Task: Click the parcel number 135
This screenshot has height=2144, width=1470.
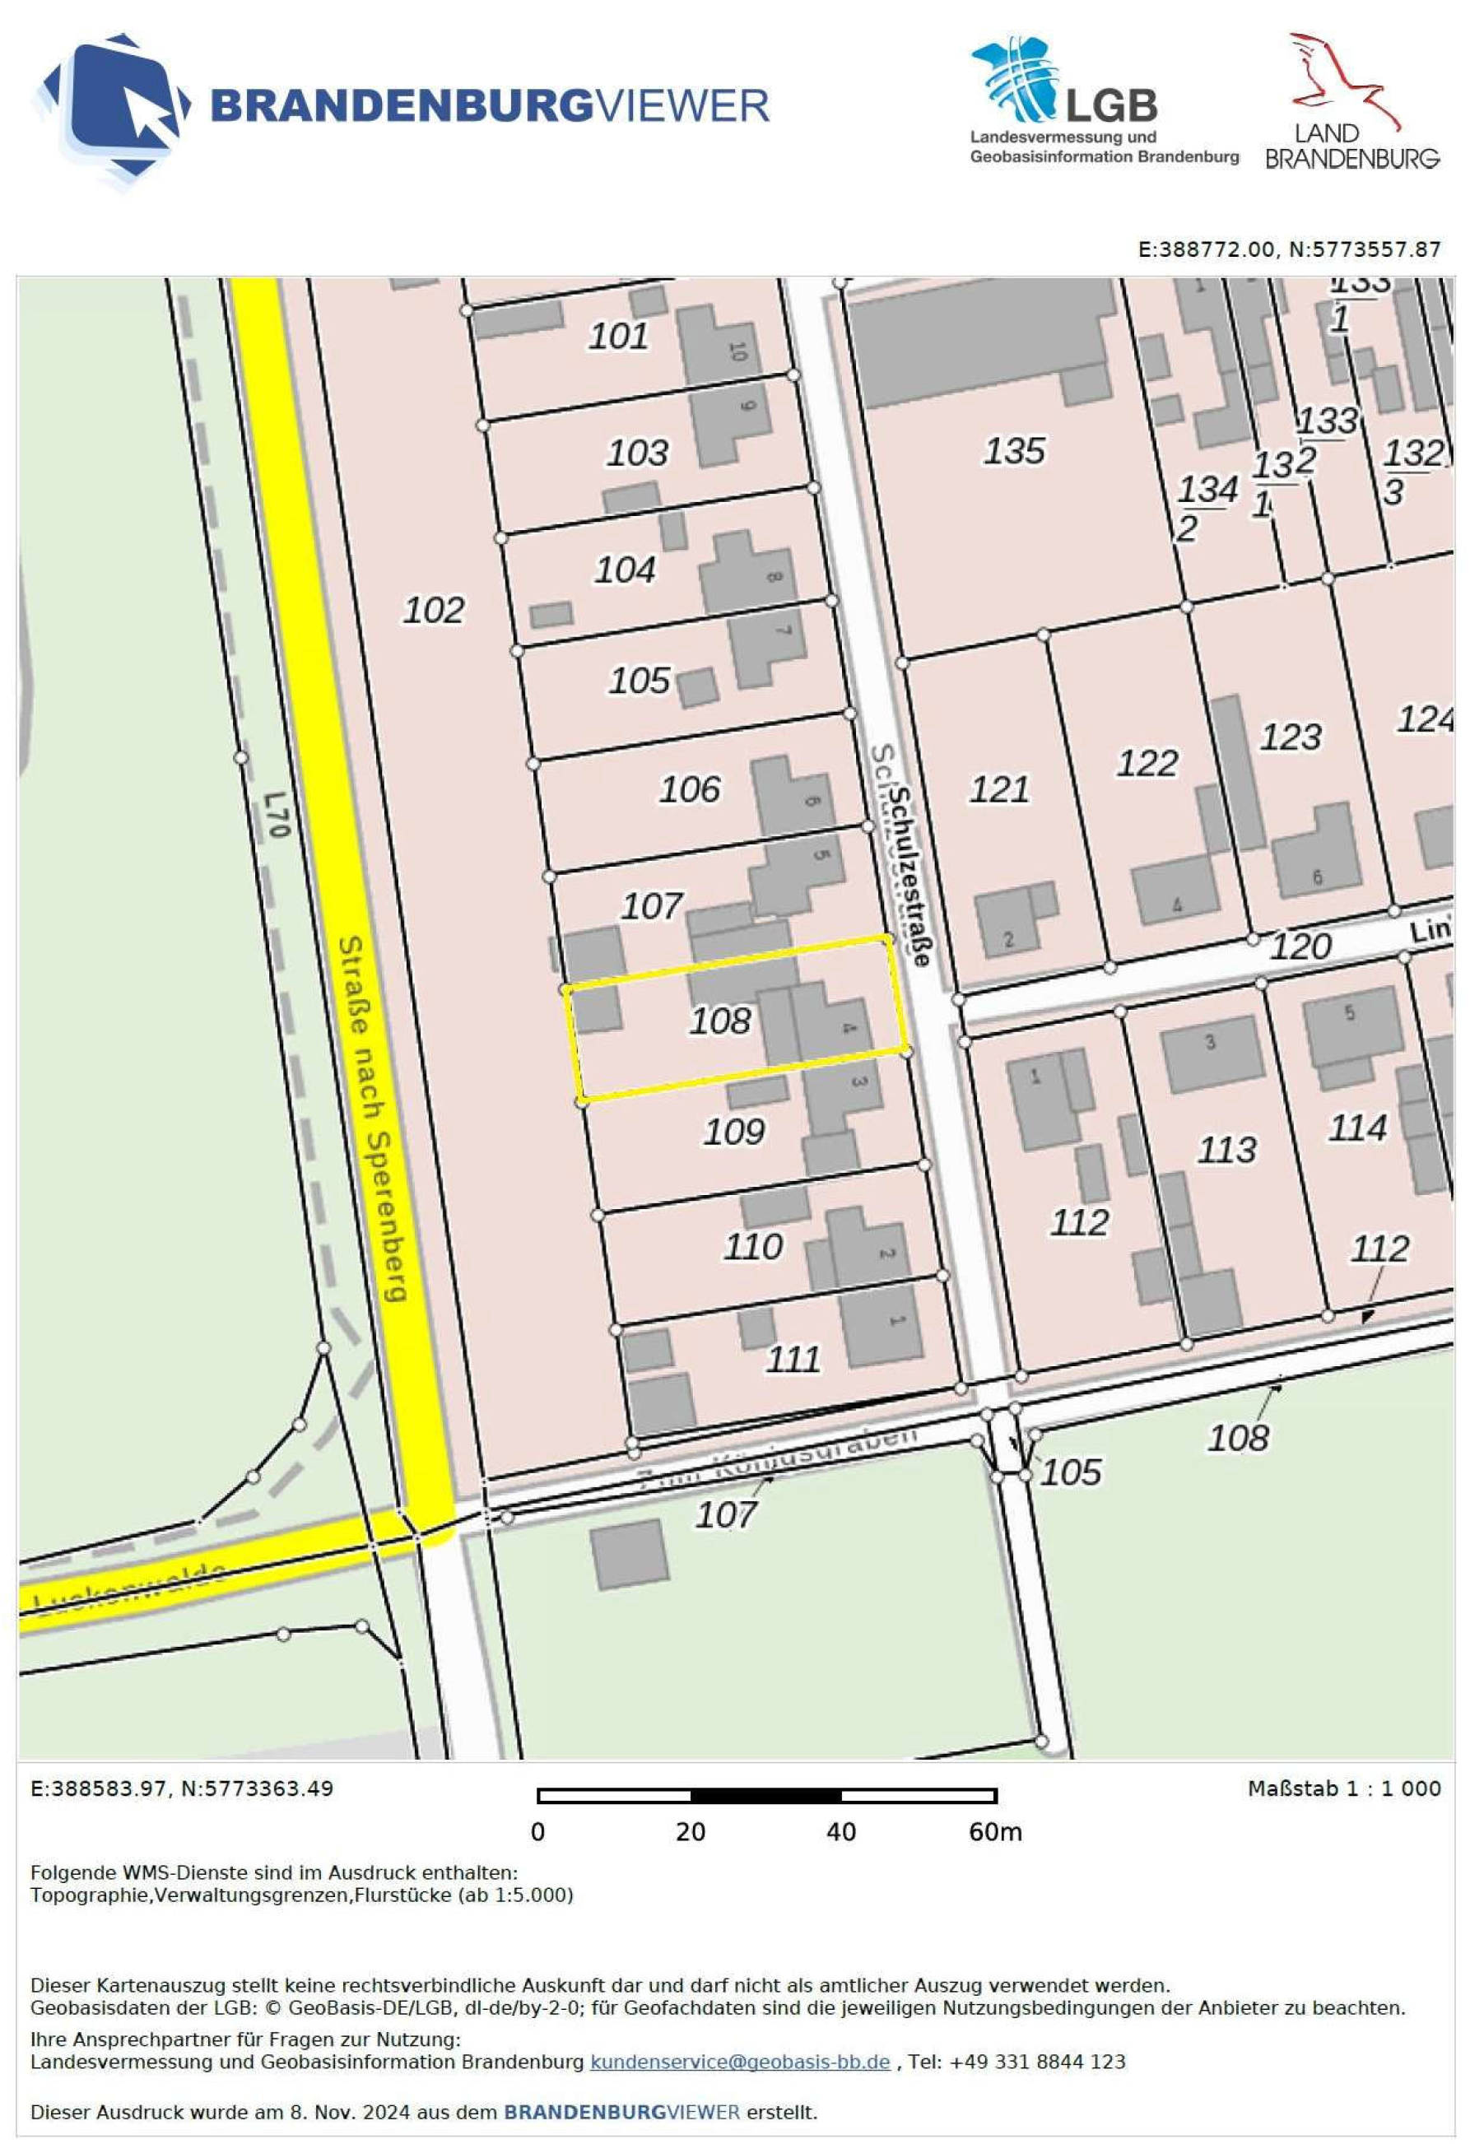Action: [1013, 451]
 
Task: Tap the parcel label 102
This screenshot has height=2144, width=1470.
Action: [434, 610]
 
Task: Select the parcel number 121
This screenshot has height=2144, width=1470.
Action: [998, 790]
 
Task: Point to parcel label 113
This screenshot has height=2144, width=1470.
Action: [1226, 1150]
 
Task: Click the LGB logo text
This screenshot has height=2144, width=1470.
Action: [1111, 106]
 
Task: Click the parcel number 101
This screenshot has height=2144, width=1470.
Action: [618, 336]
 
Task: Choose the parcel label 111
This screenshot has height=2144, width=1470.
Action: [793, 1359]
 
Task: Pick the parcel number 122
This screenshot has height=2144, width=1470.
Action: [1147, 764]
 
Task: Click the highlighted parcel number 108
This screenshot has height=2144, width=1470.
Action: [721, 1021]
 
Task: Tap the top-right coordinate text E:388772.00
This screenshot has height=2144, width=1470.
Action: [1206, 249]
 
